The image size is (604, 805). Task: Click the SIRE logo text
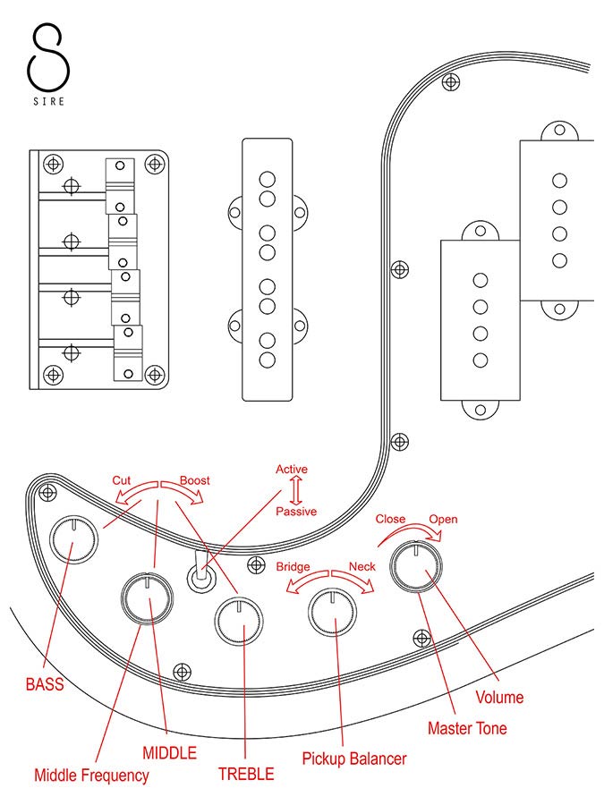click(47, 102)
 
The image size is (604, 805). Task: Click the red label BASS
click(44, 685)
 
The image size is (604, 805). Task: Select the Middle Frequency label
click(91, 775)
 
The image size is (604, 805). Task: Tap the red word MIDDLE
click(169, 752)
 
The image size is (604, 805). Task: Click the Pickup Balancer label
click(354, 758)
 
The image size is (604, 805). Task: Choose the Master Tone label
click(467, 728)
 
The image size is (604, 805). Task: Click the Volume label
click(500, 697)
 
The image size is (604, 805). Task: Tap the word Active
click(292, 469)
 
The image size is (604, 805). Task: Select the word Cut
click(122, 480)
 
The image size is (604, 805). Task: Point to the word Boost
click(195, 480)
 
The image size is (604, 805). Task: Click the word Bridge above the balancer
click(293, 567)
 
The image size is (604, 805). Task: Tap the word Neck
click(362, 567)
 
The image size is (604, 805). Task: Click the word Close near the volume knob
click(390, 519)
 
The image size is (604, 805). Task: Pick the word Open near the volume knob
click(444, 519)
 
